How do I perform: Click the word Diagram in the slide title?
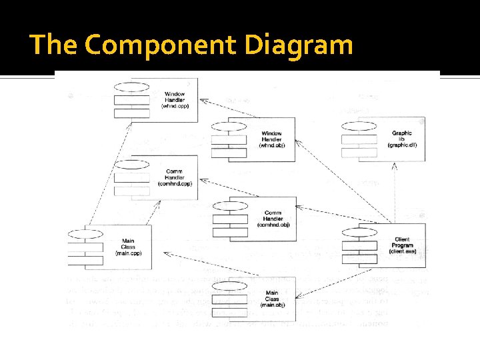pos(298,46)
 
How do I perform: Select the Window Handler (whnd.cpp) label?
pos(174,100)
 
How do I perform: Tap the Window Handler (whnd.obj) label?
pos(271,139)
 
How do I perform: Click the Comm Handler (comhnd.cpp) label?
pos(174,177)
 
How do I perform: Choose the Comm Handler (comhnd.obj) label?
pos(273,219)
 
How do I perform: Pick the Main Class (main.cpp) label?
pos(129,247)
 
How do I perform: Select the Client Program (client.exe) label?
pos(402,245)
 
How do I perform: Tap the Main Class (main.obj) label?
pos(271,299)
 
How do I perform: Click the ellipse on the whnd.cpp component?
pos(131,87)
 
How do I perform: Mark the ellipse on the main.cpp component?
pos(85,233)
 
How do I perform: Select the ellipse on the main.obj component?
pos(229,285)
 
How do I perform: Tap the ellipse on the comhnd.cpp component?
pos(131,164)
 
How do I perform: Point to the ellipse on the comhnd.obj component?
pos(229,205)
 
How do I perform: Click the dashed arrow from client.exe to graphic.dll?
pos(395,193)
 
